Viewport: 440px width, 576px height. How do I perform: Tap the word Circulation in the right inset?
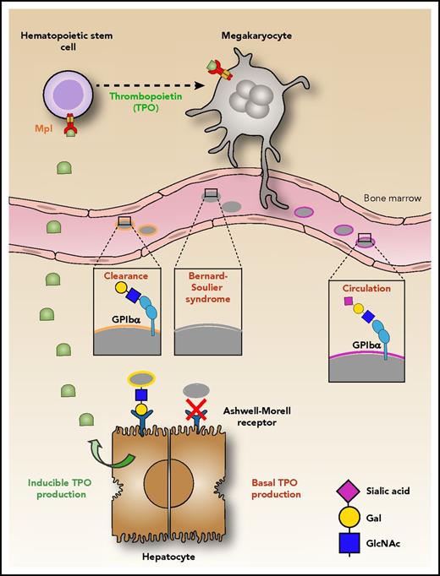(364, 289)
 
